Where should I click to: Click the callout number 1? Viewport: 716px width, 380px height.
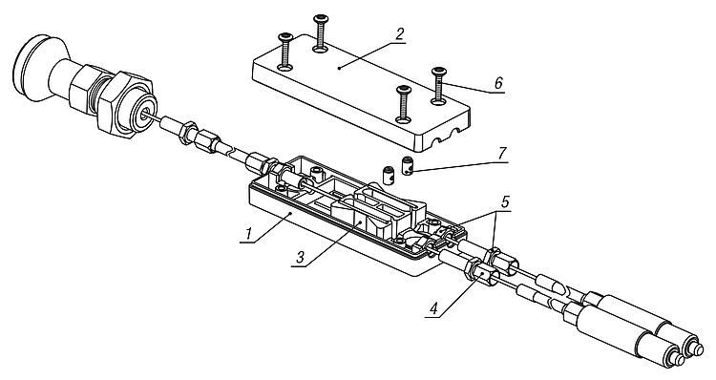[x=248, y=234]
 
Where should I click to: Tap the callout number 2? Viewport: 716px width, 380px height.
[x=400, y=33]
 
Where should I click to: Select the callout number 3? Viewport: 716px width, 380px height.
[x=300, y=258]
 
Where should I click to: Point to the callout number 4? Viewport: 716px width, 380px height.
[x=433, y=308]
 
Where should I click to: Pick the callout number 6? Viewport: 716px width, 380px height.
[x=498, y=83]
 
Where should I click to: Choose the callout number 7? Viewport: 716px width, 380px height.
[x=502, y=153]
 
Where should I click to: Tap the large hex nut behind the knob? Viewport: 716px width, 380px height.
[x=124, y=104]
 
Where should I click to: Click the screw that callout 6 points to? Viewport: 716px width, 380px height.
[x=438, y=84]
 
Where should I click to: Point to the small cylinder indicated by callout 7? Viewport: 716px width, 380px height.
[x=407, y=166]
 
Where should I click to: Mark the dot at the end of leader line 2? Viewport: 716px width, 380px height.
[x=338, y=68]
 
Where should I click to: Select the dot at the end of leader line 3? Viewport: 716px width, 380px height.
[x=360, y=222]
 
